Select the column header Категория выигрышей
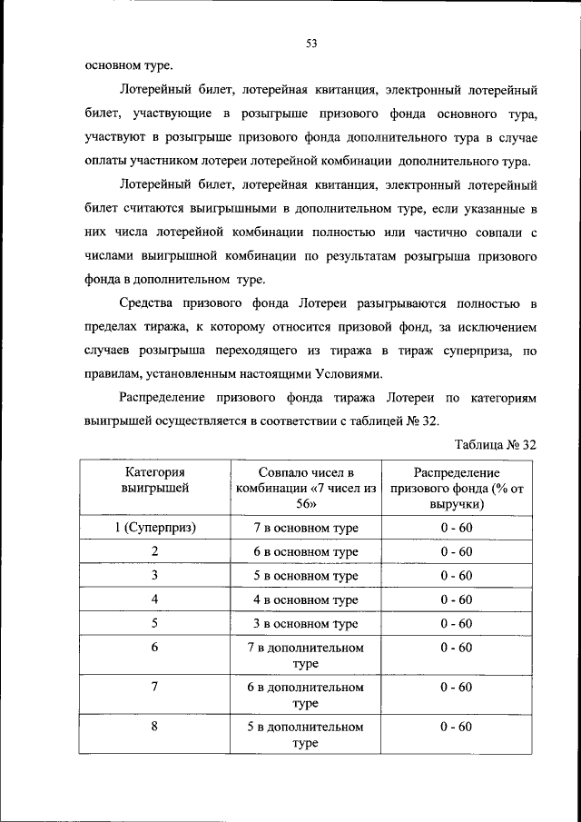(155, 480)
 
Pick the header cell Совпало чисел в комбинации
(305, 488)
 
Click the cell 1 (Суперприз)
(155, 528)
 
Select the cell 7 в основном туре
(305, 528)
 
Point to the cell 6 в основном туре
(305, 551)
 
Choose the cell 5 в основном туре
(305, 576)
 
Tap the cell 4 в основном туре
(305, 600)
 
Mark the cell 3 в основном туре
(305, 624)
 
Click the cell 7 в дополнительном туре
(305, 656)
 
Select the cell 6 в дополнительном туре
(305, 695)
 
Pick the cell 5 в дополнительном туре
(305, 735)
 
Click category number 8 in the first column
(155, 727)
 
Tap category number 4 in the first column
(155, 599)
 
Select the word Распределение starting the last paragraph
(162, 397)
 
